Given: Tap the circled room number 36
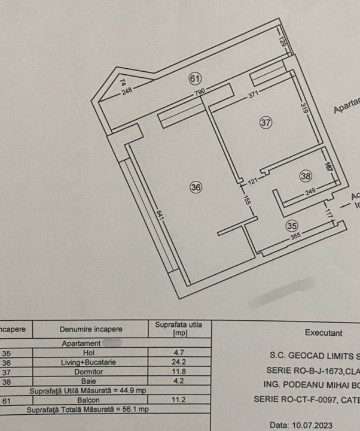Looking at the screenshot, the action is click(196, 187).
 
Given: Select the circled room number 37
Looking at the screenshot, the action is click(266, 123).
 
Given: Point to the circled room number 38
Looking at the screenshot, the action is click(306, 176).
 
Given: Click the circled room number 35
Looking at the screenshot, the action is click(292, 226).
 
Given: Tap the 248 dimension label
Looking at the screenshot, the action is click(127, 92).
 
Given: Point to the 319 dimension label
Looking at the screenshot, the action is click(303, 109).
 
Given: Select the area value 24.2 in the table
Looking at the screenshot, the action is click(179, 362).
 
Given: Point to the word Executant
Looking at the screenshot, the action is click(323, 333).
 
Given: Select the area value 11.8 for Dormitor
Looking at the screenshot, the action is click(179, 372).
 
